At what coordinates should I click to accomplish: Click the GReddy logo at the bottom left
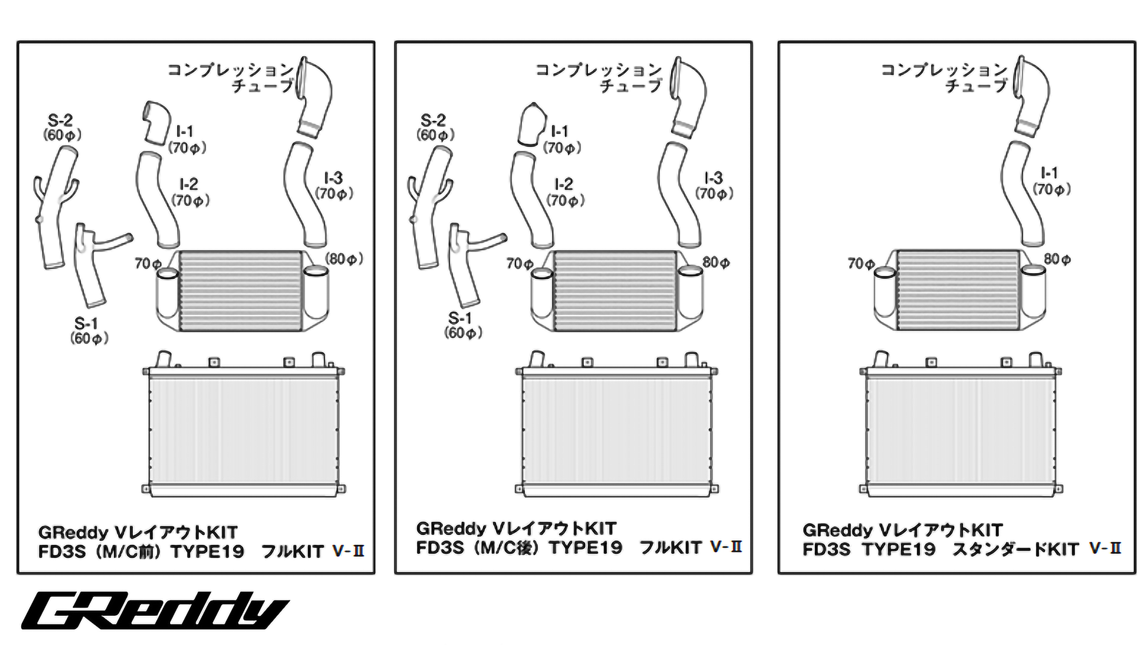point(155,611)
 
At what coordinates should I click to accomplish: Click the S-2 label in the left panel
point(60,121)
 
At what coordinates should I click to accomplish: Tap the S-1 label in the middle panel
point(460,318)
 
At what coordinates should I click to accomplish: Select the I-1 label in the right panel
point(1049,173)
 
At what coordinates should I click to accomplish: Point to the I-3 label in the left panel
point(333,178)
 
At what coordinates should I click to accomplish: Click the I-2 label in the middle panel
point(563,184)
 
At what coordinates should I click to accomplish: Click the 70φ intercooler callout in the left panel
point(148,263)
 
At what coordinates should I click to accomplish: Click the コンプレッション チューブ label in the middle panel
point(599,77)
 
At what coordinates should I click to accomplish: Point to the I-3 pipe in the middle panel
point(680,195)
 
